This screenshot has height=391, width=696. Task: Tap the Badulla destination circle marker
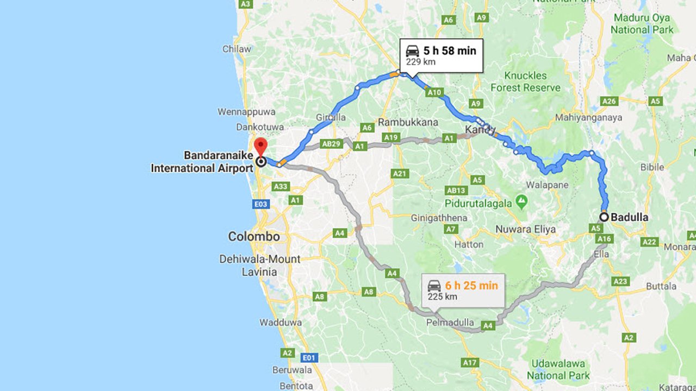(x=604, y=217)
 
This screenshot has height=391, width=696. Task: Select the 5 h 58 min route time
(x=450, y=51)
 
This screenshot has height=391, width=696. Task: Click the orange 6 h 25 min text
(x=471, y=285)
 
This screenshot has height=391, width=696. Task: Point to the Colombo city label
(x=254, y=237)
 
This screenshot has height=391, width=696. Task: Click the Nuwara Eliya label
(x=525, y=229)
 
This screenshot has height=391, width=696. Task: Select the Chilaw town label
(x=237, y=49)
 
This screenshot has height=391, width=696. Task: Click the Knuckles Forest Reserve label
(x=525, y=81)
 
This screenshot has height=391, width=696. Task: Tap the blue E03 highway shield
(x=261, y=204)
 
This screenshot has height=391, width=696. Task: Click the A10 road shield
(x=434, y=92)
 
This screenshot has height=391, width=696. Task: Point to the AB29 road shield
(x=331, y=144)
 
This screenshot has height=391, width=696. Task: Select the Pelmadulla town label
(x=451, y=323)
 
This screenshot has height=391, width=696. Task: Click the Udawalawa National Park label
(x=558, y=369)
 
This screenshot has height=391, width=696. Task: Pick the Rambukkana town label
(x=408, y=122)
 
